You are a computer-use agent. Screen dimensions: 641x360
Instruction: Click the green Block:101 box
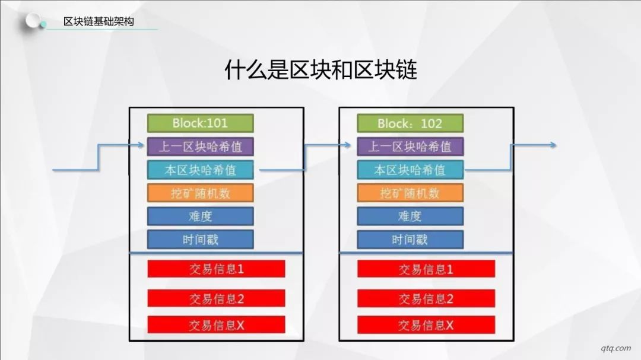(x=201, y=123)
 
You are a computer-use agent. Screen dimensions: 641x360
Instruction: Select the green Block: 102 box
(x=410, y=123)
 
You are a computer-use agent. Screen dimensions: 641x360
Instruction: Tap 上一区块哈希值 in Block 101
(x=201, y=146)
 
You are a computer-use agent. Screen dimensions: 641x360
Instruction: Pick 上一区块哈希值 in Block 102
(x=410, y=146)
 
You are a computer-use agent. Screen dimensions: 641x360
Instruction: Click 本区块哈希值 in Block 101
(x=201, y=170)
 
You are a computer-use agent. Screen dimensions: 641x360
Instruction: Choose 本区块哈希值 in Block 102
(x=410, y=170)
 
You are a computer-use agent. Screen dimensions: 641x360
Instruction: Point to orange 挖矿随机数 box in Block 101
(x=201, y=193)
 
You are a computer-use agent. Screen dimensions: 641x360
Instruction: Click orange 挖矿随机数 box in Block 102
(x=410, y=193)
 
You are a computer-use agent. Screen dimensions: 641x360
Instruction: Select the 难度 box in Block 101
(x=201, y=216)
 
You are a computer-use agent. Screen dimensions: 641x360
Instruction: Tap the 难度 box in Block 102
(x=410, y=216)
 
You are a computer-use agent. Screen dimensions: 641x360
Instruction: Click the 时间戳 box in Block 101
(x=201, y=240)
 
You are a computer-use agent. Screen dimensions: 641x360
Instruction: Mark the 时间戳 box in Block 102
(x=410, y=240)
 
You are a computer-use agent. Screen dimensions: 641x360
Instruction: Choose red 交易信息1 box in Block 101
(x=216, y=269)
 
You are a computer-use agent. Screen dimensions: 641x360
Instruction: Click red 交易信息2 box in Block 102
(x=426, y=299)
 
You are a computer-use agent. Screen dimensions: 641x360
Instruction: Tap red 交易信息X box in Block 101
(x=216, y=325)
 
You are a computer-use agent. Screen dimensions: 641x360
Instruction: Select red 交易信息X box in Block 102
(x=426, y=325)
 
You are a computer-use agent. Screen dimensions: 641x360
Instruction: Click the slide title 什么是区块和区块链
(x=321, y=69)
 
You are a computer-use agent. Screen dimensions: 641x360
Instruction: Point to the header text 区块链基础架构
(x=99, y=21)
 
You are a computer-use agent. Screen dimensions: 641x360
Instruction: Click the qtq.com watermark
(x=615, y=348)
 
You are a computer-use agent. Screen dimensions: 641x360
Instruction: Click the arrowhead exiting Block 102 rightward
(x=553, y=145)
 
